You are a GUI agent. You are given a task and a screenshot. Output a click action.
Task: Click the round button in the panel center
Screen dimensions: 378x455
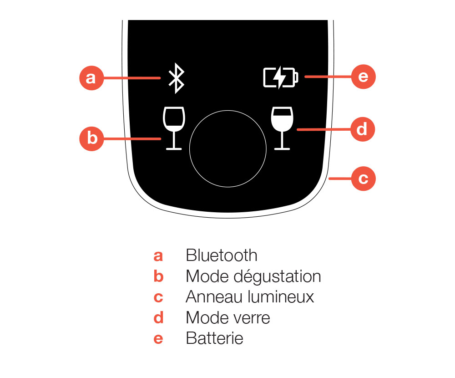click(x=227, y=148)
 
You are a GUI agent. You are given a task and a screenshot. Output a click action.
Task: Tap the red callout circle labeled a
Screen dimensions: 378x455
click(x=91, y=78)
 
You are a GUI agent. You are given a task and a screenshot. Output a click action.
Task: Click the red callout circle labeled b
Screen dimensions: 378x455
click(x=92, y=138)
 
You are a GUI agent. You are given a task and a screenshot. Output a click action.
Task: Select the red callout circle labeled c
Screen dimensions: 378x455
click(x=363, y=179)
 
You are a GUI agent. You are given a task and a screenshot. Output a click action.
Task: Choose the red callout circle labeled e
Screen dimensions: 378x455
click(x=363, y=77)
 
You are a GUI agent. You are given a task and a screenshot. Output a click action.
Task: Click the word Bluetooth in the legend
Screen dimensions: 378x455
click(x=221, y=255)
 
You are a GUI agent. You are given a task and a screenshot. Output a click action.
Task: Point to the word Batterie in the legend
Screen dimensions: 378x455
click(x=214, y=338)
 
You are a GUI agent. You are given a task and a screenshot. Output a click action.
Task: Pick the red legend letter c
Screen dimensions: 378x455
click(x=158, y=297)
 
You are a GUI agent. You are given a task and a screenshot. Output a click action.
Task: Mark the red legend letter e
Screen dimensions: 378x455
click(x=158, y=339)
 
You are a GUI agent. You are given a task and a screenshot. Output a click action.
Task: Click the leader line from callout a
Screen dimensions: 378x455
click(x=132, y=78)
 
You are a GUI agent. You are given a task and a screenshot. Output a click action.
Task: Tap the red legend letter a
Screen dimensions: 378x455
click(x=158, y=256)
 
